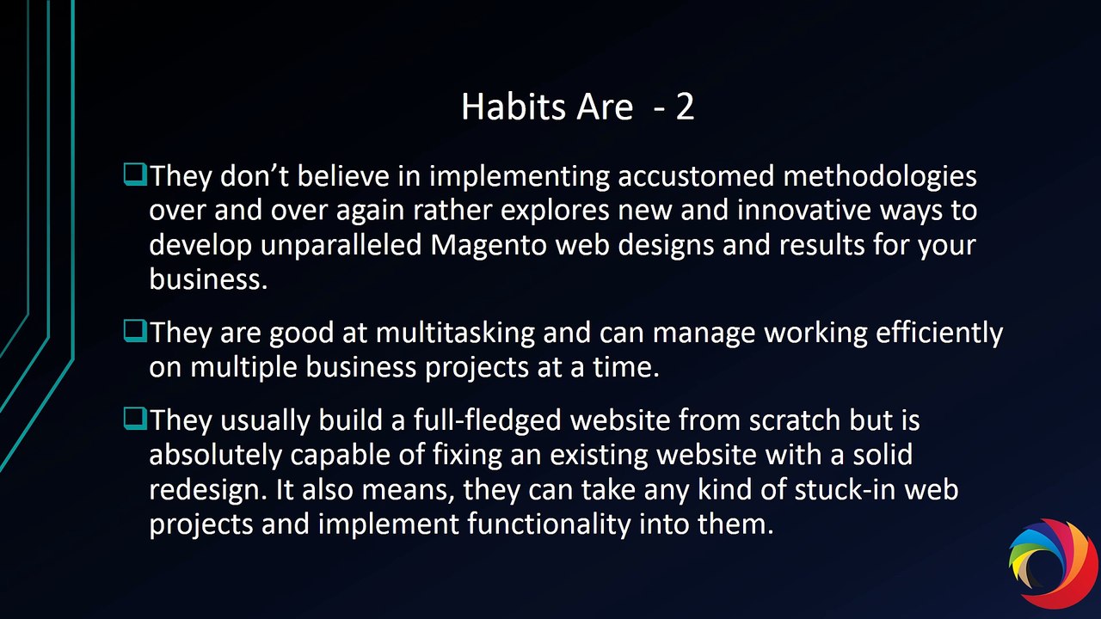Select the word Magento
click(489, 245)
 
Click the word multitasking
click(455, 333)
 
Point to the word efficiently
click(939, 333)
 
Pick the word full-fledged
click(487, 421)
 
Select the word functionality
click(549, 524)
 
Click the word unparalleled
click(341, 245)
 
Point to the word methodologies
click(880, 176)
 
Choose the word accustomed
click(696, 177)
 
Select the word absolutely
click(215, 456)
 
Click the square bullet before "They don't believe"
click(135, 175)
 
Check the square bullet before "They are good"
click(135, 331)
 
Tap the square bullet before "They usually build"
click(135, 419)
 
